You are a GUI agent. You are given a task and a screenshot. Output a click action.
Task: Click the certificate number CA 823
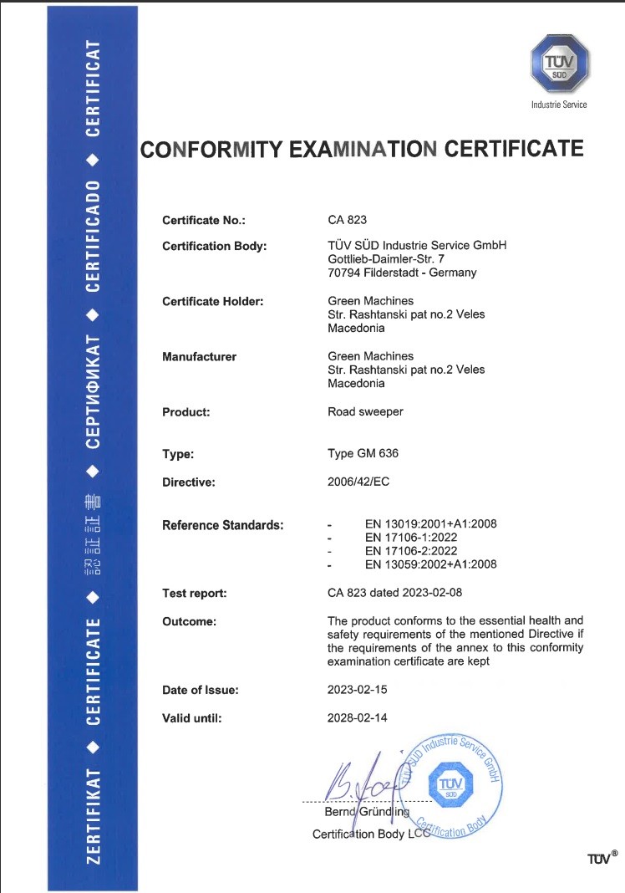(x=348, y=220)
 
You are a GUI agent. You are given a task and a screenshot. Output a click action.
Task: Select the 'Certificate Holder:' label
(x=212, y=301)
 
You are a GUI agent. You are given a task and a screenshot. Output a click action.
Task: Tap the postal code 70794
(x=345, y=272)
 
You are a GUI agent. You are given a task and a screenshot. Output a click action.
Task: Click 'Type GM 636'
(x=363, y=454)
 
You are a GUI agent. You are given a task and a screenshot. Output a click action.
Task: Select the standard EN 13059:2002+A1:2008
(x=431, y=564)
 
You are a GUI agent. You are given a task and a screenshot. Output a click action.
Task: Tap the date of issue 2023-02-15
(x=358, y=690)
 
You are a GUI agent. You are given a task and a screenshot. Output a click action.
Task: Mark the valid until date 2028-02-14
(x=358, y=717)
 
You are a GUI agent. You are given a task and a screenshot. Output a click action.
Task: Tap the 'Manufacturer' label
(x=199, y=356)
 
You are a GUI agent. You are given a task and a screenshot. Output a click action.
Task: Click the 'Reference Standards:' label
(x=222, y=525)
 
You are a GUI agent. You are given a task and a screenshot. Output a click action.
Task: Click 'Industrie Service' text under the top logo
(x=559, y=105)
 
